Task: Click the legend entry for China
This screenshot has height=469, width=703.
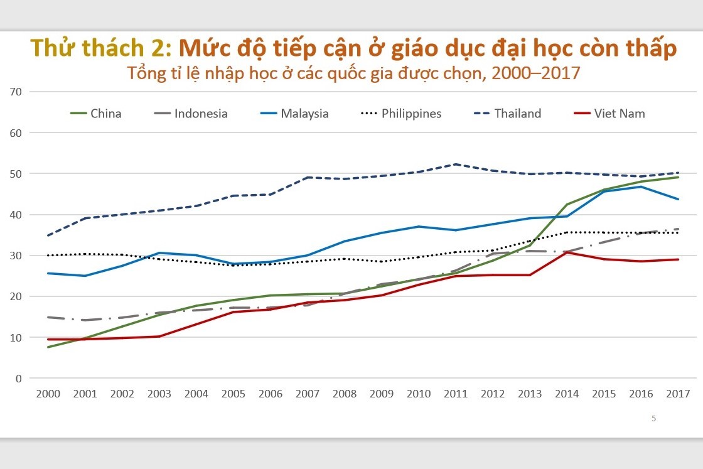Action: [105, 114]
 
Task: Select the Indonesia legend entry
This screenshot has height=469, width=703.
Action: [200, 114]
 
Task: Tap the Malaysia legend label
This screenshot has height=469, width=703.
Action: [304, 114]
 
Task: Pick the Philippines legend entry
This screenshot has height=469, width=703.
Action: [411, 114]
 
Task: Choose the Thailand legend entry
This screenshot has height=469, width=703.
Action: [517, 114]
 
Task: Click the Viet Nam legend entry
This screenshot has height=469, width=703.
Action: [619, 114]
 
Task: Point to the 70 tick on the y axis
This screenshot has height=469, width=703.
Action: [16, 92]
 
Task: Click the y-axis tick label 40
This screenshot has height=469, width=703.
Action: [16, 215]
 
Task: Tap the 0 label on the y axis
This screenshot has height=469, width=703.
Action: [19, 379]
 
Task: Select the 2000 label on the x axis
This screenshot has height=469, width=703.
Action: [48, 394]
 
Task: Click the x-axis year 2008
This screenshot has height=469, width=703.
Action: [345, 394]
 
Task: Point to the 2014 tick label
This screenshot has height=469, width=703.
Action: [567, 394]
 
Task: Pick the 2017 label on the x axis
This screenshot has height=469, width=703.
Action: [678, 394]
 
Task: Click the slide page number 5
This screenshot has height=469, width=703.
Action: [653, 419]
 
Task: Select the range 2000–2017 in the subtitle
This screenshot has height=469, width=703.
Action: [536, 73]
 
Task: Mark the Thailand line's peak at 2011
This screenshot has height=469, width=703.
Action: [456, 164]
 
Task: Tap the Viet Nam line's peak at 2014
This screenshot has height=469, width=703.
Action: [567, 252]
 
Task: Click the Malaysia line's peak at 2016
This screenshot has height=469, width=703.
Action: [641, 186]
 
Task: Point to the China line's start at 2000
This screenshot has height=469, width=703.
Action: [48, 347]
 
